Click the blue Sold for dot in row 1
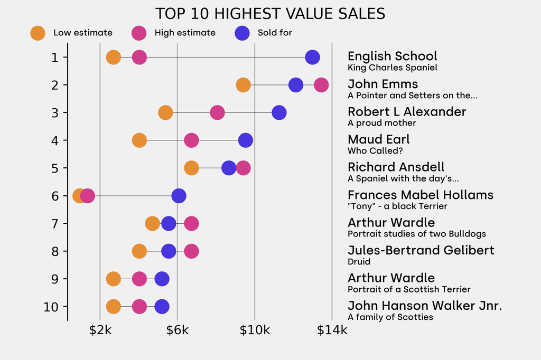[x=312, y=57]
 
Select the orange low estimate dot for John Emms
[x=243, y=85]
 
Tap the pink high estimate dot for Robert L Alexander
[x=217, y=112]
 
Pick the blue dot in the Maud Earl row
[x=245, y=140]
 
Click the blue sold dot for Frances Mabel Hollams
[x=179, y=196]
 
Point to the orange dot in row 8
[x=139, y=251]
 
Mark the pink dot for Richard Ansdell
[x=243, y=168]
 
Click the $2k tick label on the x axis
[x=100, y=330]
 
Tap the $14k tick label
[x=332, y=330]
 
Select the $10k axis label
[x=255, y=330]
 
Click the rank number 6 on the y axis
[x=55, y=196]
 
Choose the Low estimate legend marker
[x=38, y=33]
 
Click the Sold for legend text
[x=275, y=33]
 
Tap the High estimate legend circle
[x=139, y=33]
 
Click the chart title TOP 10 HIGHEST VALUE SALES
[x=270, y=14]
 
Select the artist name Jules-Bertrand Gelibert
[x=421, y=250]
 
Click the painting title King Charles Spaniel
[x=392, y=68]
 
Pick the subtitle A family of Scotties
[x=390, y=317]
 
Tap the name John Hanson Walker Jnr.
[x=425, y=306]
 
